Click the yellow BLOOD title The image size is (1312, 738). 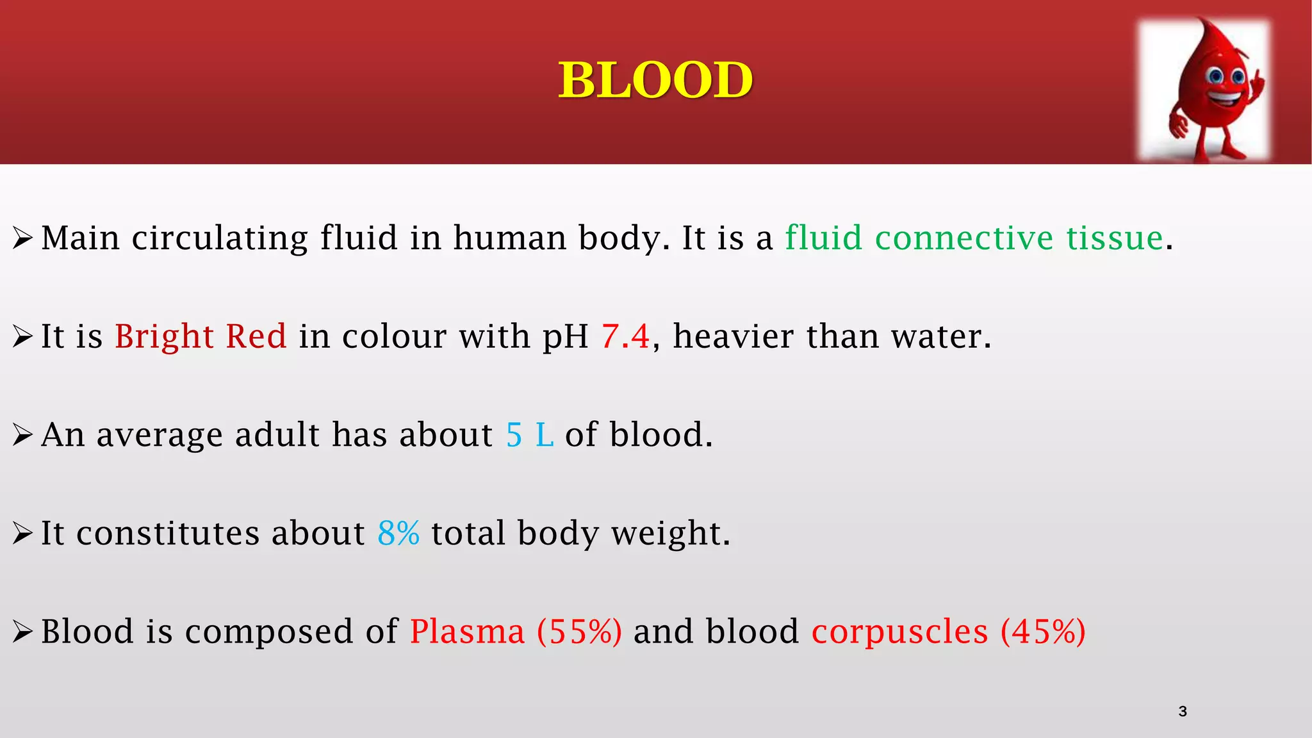[x=655, y=80]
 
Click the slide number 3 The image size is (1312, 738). [x=1183, y=711]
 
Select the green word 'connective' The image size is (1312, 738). [x=964, y=238]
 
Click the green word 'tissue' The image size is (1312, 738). [x=1115, y=238]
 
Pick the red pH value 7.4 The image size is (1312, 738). [x=625, y=336]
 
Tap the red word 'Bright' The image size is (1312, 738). [x=164, y=337]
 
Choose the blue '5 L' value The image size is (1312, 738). [x=530, y=435]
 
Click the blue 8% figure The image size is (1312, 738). [x=398, y=533]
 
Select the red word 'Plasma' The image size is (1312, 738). [x=467, y=632]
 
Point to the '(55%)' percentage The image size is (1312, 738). [x=579, y=632]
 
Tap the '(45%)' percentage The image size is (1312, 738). [x=1043, y=632]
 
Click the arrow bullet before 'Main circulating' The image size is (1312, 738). [x=22, y=239]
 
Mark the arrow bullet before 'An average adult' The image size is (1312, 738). [x=22, y=436]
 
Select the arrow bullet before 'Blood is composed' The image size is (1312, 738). [x=22, y=632]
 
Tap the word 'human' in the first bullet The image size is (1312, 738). [x=509, y=238]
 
